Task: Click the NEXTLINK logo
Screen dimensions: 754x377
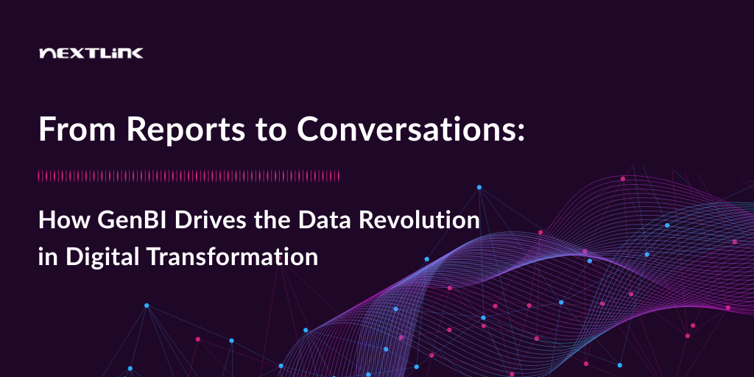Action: tap(91, 53)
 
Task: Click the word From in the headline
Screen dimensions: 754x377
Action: tap(77, 130)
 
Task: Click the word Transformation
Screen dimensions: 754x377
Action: tap(232, 257)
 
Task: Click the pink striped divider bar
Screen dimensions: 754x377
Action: tap(189, 176)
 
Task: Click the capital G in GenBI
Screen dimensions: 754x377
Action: tap(105, 220)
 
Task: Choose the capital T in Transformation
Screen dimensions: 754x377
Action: tap(152, 257)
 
